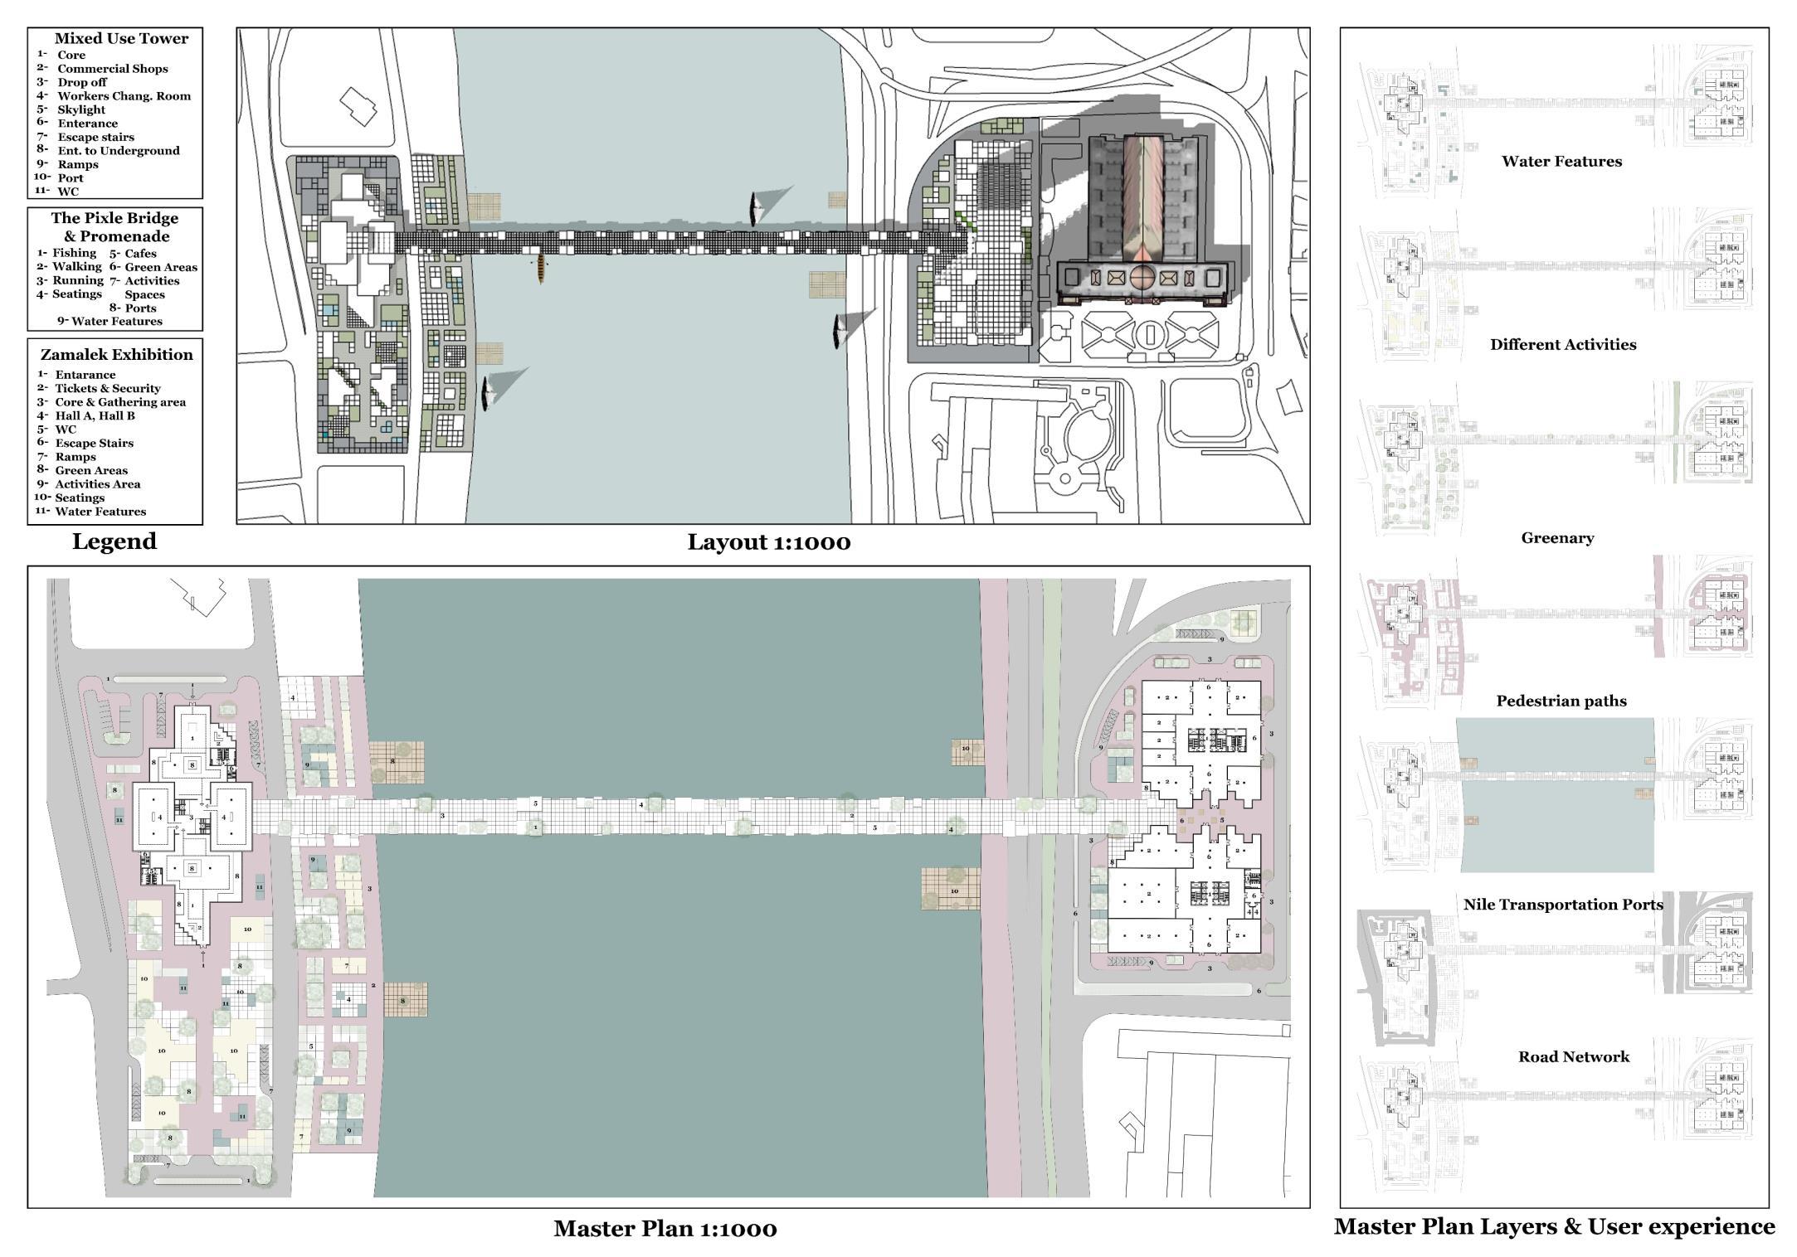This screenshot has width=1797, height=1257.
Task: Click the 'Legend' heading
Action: (x=114, y=541)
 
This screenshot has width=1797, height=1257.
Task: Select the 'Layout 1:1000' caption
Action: (x=768, y=542)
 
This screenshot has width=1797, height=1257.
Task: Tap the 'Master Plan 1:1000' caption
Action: (x=665, y=1228)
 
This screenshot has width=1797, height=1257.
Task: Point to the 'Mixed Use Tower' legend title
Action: (x=121, y=38)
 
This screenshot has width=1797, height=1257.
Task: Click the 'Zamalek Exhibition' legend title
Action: (x=116, y=355)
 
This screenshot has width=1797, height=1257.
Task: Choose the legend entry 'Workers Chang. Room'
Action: (x=124, y=96)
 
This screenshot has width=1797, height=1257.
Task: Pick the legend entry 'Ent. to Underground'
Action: (x=118, y=151)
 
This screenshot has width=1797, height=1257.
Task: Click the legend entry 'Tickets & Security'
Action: (x=108, y=388)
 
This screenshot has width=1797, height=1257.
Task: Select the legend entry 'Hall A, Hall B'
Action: (x=95, y=415)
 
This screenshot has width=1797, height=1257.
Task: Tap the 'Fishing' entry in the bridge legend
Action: (x=74, y=253)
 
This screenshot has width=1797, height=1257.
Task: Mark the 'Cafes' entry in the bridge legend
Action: (x=140, y=254)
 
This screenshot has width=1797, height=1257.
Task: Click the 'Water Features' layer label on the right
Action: (x=1561, y=162)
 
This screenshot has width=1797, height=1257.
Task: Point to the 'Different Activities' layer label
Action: (x=1563, y=345)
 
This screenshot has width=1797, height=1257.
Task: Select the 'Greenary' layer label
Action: (x=1557, y=538)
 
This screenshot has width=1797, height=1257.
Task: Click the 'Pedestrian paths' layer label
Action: (x=1561, y=701)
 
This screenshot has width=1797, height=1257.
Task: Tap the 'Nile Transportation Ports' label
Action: (x=1563, y=905)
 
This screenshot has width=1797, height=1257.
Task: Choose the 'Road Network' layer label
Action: (x=1573, y=1057)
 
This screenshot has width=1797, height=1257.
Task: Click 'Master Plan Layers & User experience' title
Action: (x=1554, y=1227)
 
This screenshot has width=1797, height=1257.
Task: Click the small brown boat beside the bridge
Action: (x=541, y=269)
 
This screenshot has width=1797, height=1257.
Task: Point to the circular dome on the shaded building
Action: (x=1142, y=276)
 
